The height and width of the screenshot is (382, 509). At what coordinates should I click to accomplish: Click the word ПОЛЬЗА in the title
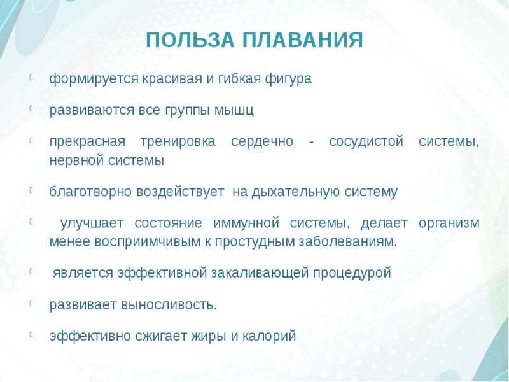(x=190, y=41)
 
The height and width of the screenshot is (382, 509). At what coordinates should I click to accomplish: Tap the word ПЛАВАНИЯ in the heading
(x=303, y=40)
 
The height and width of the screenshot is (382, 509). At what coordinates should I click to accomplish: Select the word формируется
(x=94, y=79)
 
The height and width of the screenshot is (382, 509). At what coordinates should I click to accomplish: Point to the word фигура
(x=288, y=79)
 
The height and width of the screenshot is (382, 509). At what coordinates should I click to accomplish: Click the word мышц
(x=234, y=110)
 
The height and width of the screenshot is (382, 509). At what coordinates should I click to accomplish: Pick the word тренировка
(x=178, y=141)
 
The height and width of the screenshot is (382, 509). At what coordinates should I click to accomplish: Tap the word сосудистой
(x=366, y=141)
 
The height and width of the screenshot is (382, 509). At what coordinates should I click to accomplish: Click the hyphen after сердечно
(x=312, y=143)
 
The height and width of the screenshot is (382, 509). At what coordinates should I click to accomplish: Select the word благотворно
(x=90, y=192)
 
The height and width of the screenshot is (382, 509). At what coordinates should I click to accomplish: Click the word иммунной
(x=246, y=223)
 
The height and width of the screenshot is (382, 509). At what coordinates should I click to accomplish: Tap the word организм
(x=449, y=223)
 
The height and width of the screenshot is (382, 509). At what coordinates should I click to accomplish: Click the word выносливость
(x=169, y=305)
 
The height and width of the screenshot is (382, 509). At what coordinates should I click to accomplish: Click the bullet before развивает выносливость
(x=31, y=303)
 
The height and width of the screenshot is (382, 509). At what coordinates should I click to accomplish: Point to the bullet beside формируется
(x=31, y=77)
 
